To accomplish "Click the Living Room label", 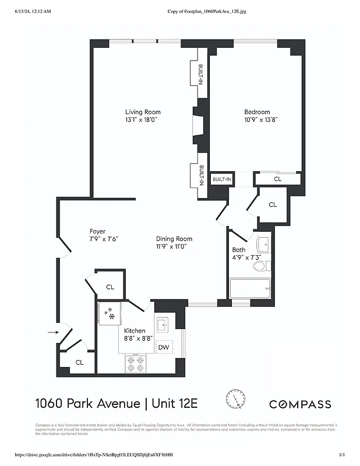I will [x=143, y=112].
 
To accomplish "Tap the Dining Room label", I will [x=174, y=239].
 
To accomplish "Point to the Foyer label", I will [x=97, y=231].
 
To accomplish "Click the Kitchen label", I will [x=135, y=331].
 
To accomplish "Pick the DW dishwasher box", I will [x=164, y=347].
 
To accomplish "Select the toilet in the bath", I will [x=261, y=266].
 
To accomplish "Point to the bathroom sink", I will [x=263, y=242].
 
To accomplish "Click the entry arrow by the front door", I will [x=52, y=332].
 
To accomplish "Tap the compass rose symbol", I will [x=236, y=399].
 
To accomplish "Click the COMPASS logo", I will [x=299, y=404].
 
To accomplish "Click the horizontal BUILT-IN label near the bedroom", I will [x=221, y=179].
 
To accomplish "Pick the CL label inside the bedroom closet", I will [x=277, y=179].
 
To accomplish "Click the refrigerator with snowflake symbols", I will [x=109, y=314].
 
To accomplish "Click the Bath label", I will [x=238, y=250].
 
